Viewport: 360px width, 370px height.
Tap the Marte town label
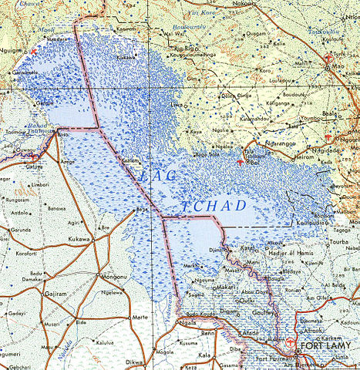(x=140, y=317)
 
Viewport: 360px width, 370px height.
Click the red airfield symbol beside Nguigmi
(x=32, y=51)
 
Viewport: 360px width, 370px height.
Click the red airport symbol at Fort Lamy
(x=290, y=343)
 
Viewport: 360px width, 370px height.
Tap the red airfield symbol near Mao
(x=331, y=57)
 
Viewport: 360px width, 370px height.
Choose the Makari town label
(x=225, y=287)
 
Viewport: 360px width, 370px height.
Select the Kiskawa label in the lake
(x=126, y=58)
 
